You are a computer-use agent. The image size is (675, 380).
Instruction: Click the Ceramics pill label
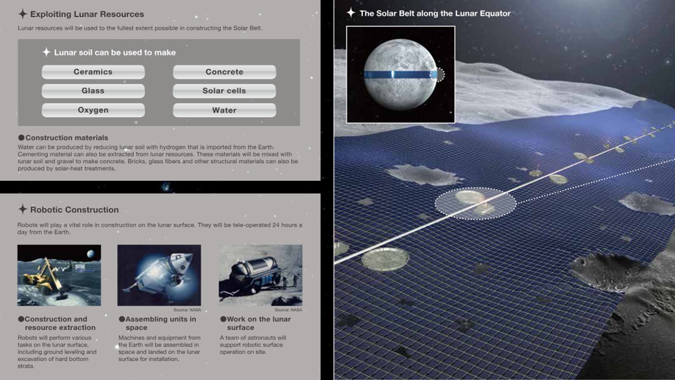(x=93, y=72)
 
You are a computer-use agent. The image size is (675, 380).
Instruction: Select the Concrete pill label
(x=224, y=72)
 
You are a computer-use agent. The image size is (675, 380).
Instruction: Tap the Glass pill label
(x=93, y=91)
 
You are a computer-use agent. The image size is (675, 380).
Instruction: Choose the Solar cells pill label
(x=224, y=91)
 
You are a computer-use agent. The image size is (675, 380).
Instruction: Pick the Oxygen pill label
(x=93, y=110)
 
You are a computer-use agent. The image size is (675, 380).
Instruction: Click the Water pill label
(x=224, y=110)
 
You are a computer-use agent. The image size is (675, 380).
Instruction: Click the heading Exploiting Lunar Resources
(x=87, y=14)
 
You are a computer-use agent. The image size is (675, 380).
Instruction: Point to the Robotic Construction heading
(x=74, y=210)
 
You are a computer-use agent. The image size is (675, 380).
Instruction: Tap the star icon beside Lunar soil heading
(x=46, y=52)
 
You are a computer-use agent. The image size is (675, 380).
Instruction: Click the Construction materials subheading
(x=66, y=138)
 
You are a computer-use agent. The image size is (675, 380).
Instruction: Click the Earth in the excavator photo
(x=91, y=254)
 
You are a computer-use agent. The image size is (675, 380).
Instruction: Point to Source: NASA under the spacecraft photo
(x=187, y=310)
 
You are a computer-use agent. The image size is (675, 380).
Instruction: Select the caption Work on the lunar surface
(x=259, y=323)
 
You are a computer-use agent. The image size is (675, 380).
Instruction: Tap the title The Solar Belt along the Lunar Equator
(x=435, y=13)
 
